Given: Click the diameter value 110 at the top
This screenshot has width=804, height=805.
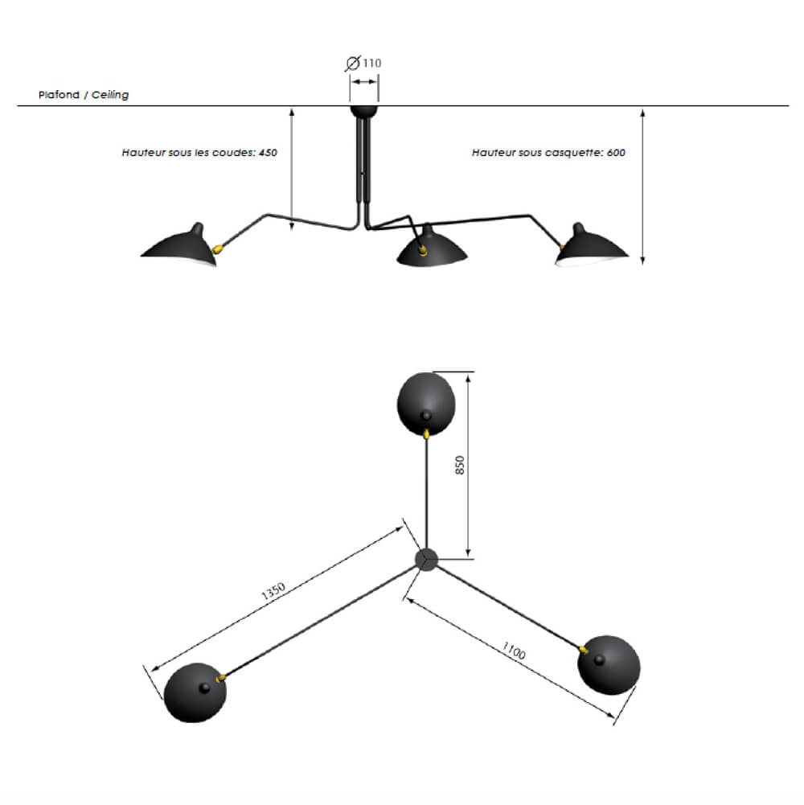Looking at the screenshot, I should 372,63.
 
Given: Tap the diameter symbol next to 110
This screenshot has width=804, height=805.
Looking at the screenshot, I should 352,63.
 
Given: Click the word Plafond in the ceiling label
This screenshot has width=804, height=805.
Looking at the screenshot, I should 59,95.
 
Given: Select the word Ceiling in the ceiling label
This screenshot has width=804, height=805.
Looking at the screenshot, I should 110,95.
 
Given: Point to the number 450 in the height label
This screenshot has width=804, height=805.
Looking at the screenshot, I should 268,152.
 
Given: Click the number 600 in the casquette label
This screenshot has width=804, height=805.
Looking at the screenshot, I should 617,152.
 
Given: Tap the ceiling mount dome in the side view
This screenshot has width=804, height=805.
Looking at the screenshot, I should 363,111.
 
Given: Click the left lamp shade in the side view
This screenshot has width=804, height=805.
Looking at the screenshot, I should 178,245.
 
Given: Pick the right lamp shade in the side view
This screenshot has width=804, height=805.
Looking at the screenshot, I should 593,244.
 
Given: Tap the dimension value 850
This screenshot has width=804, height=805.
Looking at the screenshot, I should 461,465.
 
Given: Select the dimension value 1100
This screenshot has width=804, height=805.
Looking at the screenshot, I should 513,651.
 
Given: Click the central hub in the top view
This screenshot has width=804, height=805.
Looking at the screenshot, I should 425,560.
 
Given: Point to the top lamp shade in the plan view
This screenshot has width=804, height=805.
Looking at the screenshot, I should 427,402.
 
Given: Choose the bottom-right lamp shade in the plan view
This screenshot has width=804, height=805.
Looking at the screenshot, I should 609,665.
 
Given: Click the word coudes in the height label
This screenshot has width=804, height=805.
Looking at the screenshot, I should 236,152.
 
